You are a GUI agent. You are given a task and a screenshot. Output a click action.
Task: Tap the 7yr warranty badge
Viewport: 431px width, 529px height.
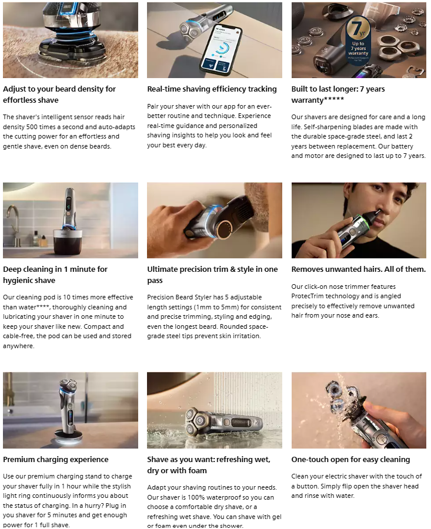pos(358,40)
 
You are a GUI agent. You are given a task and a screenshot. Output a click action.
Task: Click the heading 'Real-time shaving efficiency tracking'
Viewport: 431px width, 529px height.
pos(212,89)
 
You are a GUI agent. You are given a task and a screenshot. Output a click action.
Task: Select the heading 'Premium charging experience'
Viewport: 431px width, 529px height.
pos(56,459)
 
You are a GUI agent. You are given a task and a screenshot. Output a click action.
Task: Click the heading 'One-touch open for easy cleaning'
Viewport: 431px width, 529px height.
pos(350,459)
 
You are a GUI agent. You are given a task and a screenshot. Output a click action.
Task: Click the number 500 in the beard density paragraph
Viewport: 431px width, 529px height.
pos(32,127)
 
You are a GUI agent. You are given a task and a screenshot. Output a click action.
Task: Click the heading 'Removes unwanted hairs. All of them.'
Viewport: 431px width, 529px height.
pos(358,269)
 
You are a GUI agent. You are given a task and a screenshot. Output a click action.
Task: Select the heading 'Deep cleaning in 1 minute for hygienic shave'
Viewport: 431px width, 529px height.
pos(55,275)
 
